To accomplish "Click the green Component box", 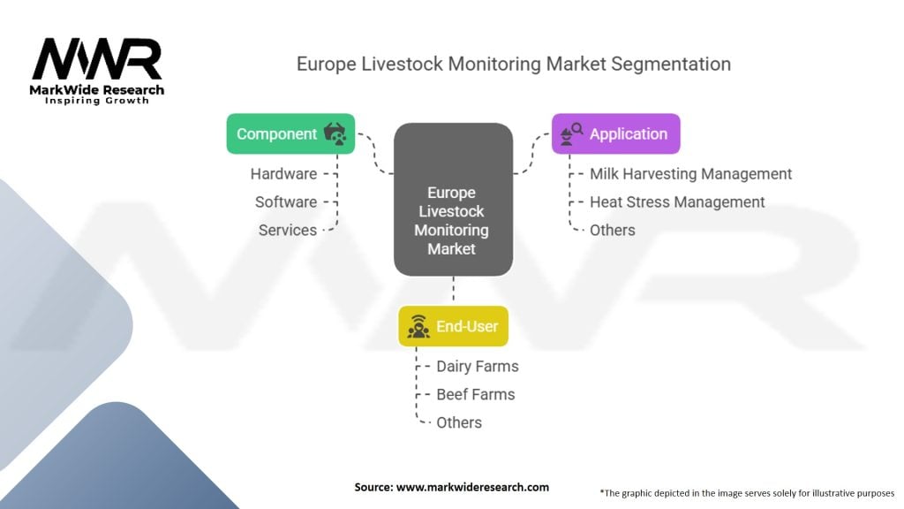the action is coord(290,134).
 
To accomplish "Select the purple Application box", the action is coord(615,134).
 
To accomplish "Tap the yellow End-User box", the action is coord(453,327).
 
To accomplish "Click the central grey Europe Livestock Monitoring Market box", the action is coord(453,199).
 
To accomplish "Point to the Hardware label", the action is coord(283,174).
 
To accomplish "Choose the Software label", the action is coord(286,202).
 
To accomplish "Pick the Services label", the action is coord(288,231).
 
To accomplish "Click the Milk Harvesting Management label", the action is coord(690,174).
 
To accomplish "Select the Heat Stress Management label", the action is coord(677,202).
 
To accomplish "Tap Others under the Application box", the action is coord(613,231).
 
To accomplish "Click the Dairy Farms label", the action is coord(478,367).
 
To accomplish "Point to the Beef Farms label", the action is coord(476,395).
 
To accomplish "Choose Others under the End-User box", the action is coord(459,423).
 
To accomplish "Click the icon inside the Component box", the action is coord(335,134).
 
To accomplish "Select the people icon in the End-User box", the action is coord(418,327).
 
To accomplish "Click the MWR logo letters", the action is coord(97,58).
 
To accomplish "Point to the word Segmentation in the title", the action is coord(671,64).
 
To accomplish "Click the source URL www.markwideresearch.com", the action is coord(473,487).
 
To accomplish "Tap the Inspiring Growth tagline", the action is coord(97,101).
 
